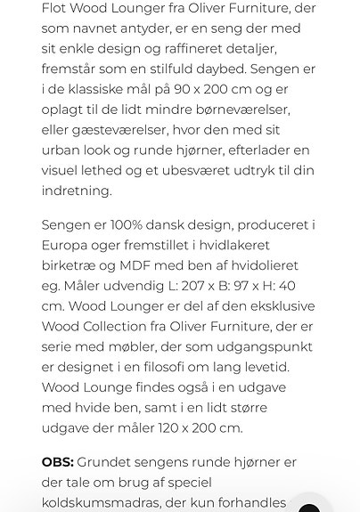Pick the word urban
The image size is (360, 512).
[61, 150]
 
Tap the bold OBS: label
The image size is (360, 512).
[57, 462]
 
